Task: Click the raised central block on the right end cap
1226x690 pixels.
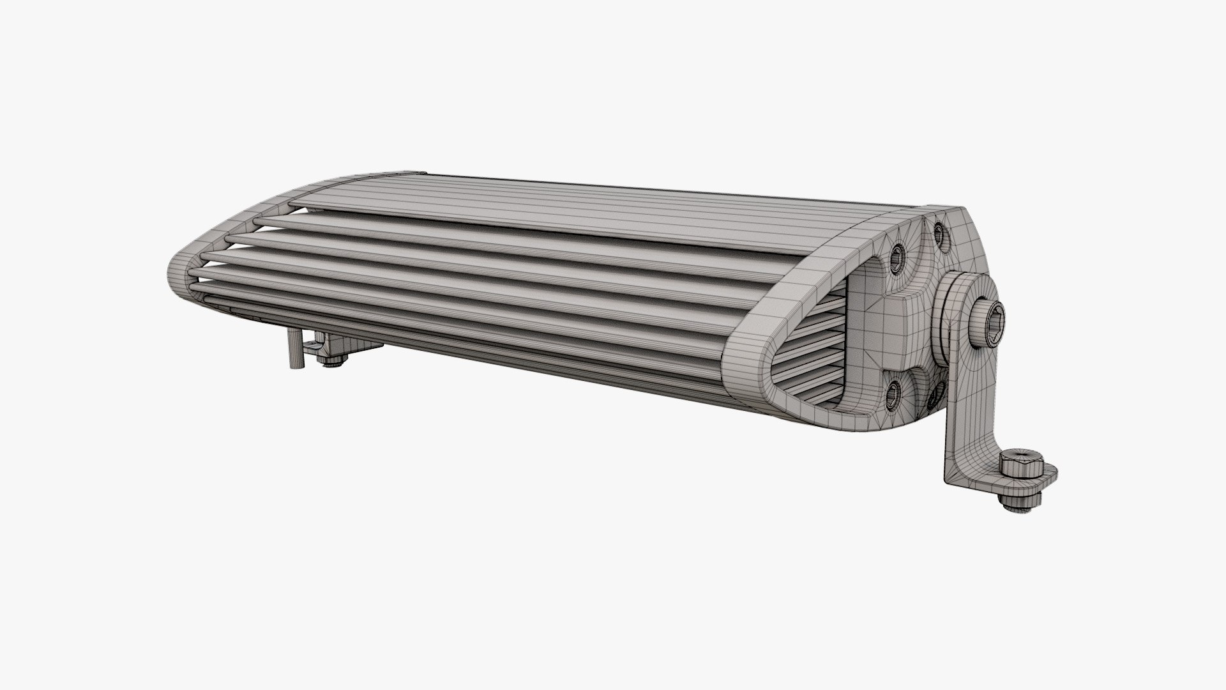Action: coord(907,319)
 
